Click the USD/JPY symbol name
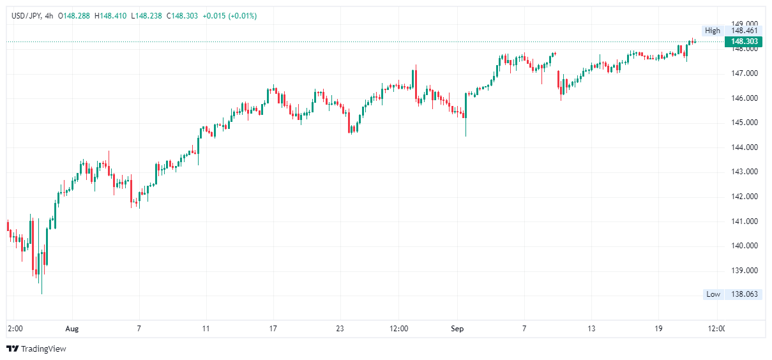click(25, 16)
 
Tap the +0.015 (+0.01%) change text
click(229, 16)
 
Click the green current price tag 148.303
click(744, 42)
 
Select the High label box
click(712, 31)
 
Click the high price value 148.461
click(744, 31)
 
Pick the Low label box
click(713, 294)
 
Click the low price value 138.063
click(744, 294)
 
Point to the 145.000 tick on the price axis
click(744, 123)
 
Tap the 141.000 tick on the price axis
click(744, 221)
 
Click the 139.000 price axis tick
click(744, 271)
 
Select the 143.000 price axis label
click(744, 172)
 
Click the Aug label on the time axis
click(72, 329)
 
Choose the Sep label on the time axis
click(458, 329)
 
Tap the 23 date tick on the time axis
click(340, 329)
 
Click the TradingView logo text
click(43, 349)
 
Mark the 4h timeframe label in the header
click(49, 16)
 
